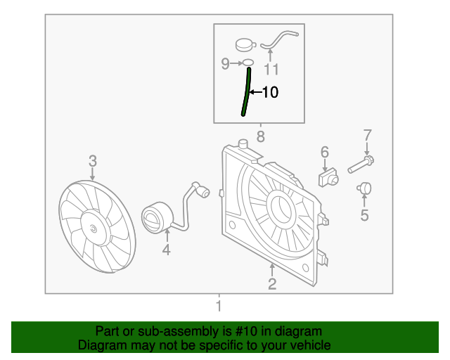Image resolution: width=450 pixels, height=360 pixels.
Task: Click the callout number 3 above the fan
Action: (93, 162)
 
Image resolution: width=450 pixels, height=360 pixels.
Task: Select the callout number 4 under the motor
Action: (167, 250)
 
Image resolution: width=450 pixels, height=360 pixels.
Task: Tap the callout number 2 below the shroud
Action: (271, 284)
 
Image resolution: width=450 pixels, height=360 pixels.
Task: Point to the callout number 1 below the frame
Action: (218, 306)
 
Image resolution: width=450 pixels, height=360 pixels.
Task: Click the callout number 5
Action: (364, 215)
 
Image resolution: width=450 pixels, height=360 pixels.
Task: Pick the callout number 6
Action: (325, 152)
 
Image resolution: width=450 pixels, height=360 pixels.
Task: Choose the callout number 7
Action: (366, 135)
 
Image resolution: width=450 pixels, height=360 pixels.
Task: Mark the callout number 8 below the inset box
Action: (260, 136)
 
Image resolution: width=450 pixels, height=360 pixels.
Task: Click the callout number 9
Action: (226, 64)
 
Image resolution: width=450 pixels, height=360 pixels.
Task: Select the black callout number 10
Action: (270, 92)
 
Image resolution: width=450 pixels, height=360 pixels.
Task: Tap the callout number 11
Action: (271, 69)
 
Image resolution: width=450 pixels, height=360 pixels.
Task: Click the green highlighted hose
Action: (246, 91)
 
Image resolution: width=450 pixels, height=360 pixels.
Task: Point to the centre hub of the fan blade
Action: (94, 228)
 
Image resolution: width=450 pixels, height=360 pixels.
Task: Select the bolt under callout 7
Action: (359, 165)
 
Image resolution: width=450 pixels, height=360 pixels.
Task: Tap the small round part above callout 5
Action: (364, 188)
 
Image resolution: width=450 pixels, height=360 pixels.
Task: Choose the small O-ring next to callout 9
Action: (247, 63)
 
